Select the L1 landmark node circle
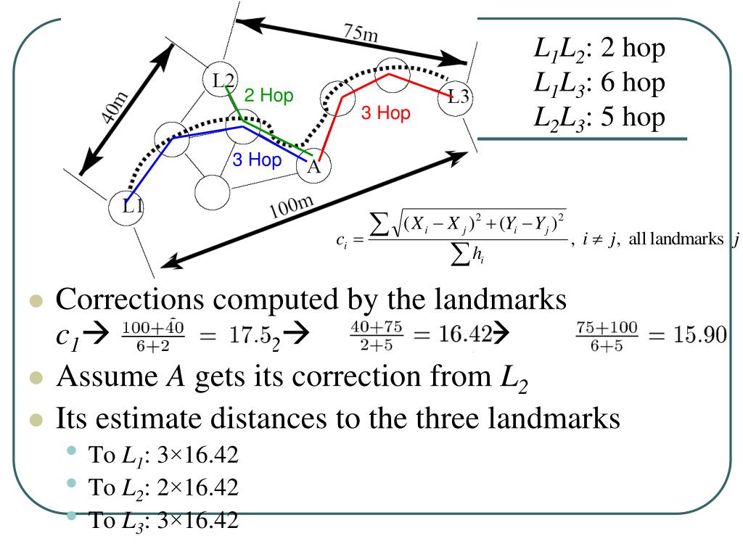[128, 207]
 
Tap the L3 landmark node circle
[457, 96]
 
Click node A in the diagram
[313, 166]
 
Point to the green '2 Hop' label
[268, 96]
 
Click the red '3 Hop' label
[385, 113]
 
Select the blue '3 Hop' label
[256, 160]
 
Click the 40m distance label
[115, 109]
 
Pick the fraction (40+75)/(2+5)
[371, 337]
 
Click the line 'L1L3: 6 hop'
[599, 83]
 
